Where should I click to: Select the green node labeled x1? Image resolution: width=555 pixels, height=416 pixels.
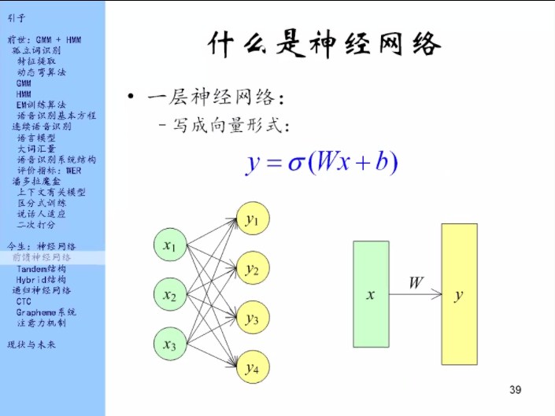[x=169, y=246]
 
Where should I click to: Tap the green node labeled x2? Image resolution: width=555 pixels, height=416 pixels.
[x=169, y=296]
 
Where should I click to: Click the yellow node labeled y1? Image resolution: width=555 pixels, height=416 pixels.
[x=252, y=220]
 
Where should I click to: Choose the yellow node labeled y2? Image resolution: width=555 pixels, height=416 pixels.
[x=252, y=270]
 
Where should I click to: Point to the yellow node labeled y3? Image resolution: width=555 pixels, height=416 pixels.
[x=252, y=318]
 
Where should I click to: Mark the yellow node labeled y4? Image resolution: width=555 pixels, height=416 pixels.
[x=252, y=367]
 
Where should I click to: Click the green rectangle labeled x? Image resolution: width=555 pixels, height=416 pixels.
[x=370, y=295]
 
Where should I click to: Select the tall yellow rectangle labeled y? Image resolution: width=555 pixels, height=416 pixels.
[x=459, y=295]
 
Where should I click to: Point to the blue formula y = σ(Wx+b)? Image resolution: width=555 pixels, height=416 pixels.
[x=321, y=164]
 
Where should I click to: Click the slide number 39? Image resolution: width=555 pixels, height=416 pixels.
[x=516, y=390]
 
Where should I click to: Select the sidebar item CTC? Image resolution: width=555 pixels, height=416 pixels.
[x=24, y=301]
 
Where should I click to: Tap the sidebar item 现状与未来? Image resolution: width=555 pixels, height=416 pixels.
[x=31, y=344]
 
